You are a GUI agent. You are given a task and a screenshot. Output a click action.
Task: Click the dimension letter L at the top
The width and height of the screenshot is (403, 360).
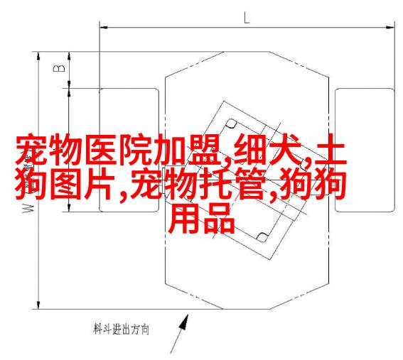point(247,18)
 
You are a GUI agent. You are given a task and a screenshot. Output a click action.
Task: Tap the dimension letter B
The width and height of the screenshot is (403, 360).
point(59,68)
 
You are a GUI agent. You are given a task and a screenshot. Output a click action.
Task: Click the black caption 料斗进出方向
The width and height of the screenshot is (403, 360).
point(121,329)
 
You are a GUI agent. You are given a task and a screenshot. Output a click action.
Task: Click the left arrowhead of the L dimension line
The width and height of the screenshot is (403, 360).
point(104,27)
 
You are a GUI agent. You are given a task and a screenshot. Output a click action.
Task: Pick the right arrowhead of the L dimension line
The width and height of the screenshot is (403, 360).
point(391,27)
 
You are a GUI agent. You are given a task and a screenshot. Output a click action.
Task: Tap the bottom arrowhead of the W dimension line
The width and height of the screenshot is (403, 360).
point(38,305)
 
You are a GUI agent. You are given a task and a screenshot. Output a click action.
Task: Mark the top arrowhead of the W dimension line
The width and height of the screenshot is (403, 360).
point(38,57)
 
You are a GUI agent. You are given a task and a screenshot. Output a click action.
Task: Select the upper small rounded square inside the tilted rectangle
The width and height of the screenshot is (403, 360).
point(231,124)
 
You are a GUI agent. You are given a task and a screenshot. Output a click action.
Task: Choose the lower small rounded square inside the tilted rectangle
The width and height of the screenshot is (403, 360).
point(262,236)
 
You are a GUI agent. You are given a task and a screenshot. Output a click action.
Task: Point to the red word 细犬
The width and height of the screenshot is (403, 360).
point(267,150)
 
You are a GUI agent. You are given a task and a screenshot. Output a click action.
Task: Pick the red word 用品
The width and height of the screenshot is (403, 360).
point(202,218)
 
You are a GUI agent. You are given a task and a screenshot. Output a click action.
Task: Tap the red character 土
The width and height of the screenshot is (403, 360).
point(331,150)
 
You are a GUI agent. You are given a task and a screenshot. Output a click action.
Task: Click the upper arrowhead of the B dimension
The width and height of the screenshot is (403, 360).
point(69,57)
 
